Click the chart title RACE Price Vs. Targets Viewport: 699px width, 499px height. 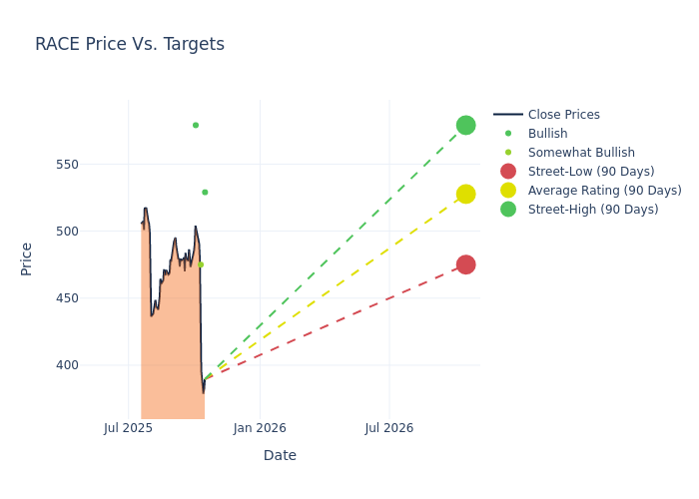coord(130,44)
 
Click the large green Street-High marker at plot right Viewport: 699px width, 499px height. coord(465,125)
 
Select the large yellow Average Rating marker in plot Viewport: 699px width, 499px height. coord(465,194)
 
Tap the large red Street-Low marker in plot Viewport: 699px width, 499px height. coord(465,264)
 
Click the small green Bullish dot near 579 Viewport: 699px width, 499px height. coord(196,125)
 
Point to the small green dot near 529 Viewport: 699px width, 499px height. coord(205,192)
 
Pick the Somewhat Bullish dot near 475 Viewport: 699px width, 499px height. coord(201,264)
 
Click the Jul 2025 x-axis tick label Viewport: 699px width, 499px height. coord(128,428)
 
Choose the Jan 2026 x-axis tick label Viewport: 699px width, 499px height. coord(260,428)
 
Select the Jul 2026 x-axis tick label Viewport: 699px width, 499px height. coord(388,428)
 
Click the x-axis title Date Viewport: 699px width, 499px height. coord(280,455)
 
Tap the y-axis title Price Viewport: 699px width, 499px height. coord(27,258)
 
